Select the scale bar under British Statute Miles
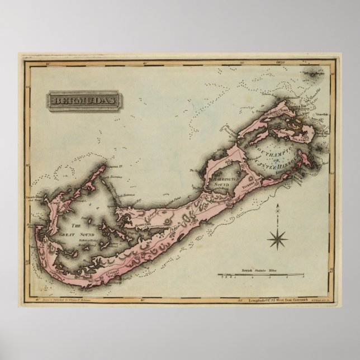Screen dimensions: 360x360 pyautogui.click(x=260, y=274)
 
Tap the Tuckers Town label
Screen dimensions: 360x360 pyautogui.click(x=249, y=182)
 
